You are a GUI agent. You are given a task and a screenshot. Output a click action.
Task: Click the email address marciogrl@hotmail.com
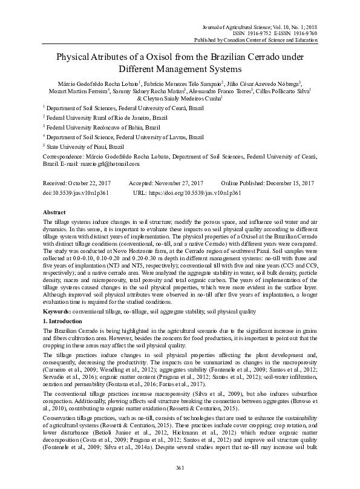pos(115,163)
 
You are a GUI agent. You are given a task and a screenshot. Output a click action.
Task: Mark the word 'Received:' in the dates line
pos(56,183)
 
